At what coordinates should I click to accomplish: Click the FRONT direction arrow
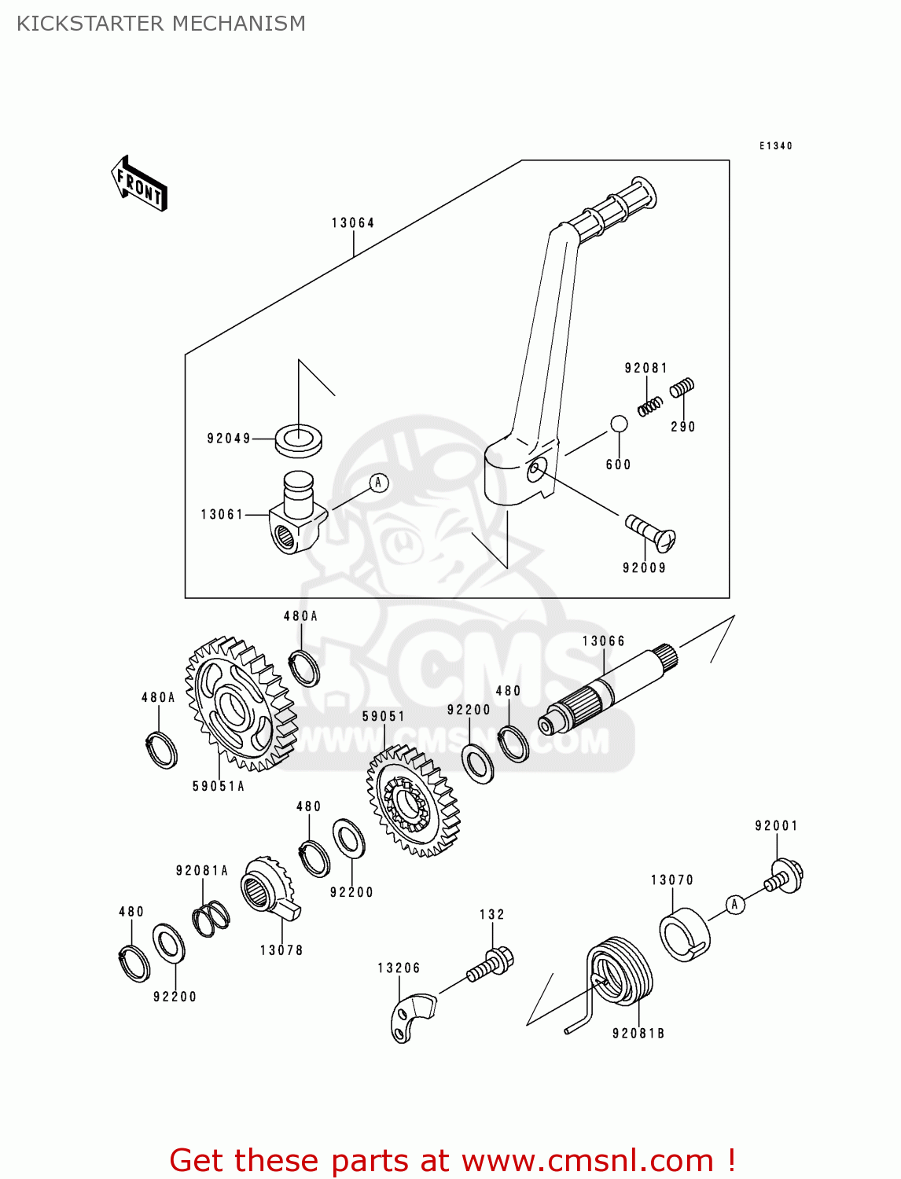[x=139, y=184]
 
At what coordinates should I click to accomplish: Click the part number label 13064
[x=353, y=223]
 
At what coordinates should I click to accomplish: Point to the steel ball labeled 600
[x=619, y=424]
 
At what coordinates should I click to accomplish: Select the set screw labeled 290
[x=682, y=387]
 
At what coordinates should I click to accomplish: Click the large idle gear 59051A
[x=240, y=703]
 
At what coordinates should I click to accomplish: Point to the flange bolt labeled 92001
[x=785, y=876]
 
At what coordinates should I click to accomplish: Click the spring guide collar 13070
[x=684, y=935]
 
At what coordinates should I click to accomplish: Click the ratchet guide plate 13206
[x=412, y=1017]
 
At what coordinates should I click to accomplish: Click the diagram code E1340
[x=775, y=146]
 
